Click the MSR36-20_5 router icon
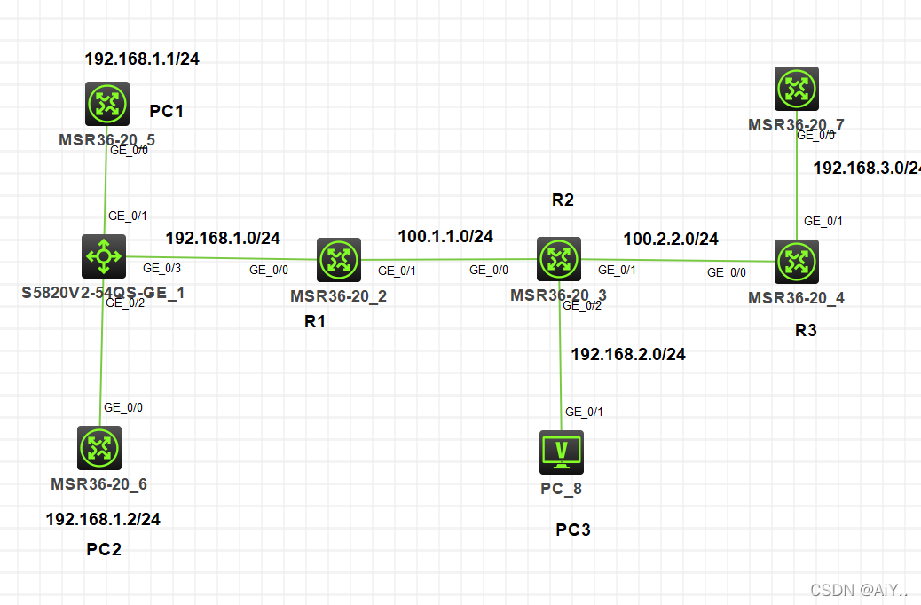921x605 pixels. point(107,104)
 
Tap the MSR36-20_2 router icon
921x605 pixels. point(338,260)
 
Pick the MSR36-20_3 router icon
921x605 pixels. point(559,259)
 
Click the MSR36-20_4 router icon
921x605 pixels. point(796,262)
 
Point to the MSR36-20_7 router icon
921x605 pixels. point(796,89)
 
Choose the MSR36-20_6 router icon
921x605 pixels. point(98,448)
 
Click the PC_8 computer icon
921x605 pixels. point(562,452)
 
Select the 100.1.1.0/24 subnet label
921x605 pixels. point(445,236)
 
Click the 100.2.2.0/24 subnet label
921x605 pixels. point(671,239)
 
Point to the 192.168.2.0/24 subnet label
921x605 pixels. point(628,354)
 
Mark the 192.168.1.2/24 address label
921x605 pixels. point(103,519)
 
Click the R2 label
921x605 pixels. point(563,200)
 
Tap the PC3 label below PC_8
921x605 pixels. point(573,530)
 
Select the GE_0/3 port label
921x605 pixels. point(162,268)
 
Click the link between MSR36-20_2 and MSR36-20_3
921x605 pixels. point(437,260)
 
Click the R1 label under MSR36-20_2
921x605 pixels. point(315,322)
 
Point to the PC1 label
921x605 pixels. point(166,111)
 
